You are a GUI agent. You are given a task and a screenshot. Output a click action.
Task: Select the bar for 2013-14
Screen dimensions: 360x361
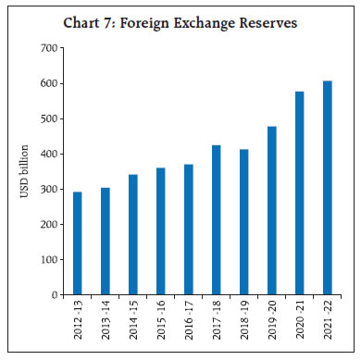[x=105, y=242]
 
